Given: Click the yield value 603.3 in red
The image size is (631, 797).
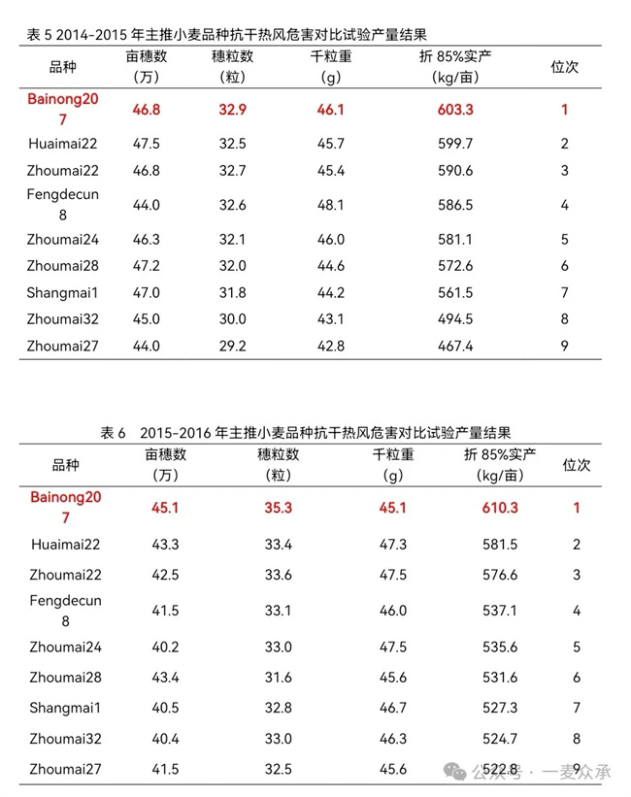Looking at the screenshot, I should point(455,110).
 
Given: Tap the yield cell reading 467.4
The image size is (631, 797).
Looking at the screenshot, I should point(455,346).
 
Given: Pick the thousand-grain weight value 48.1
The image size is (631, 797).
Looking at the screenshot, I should point(331,205).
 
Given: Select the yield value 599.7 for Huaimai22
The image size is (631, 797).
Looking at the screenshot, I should point(455,144).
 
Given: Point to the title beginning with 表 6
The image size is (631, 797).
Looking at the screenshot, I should point(306,432).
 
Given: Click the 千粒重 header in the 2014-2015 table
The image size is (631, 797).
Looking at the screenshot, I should point(331,57).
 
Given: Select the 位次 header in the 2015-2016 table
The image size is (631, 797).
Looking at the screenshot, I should point(577,465).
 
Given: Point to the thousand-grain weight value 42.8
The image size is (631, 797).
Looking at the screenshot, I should point(331,346).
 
